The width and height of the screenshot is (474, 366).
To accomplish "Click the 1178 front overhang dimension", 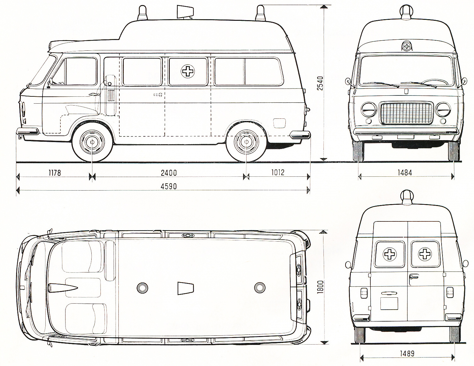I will click(54, 173).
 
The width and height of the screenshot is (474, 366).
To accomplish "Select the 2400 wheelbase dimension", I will click(169, 173).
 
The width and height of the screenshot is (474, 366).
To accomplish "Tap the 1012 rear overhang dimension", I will click(277, 172).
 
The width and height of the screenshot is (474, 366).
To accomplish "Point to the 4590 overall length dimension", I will click(169, 186).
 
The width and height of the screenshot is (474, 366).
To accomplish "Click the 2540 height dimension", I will click(320, 83).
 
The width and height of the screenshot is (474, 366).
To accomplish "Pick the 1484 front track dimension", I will click(404, 172).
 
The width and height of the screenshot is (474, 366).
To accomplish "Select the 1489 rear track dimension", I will click(407, 353).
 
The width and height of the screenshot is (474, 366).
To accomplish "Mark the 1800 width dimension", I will click(320, 287).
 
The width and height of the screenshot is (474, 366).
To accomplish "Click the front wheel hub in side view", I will click(92, 142).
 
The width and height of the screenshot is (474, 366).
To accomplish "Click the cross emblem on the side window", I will click(188, 71).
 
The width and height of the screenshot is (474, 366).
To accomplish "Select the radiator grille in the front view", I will click(406, 113).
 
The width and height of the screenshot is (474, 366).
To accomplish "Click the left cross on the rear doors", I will click(390, 254).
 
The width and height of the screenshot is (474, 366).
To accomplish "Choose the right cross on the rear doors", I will click(425, 254).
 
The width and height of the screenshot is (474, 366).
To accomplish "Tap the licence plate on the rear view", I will click(389, 303).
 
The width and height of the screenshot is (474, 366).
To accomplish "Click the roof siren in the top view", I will click(186, 288).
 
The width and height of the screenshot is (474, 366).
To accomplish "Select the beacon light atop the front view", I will click(407, 12).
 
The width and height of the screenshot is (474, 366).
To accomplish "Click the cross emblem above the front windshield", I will click(407, 46).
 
